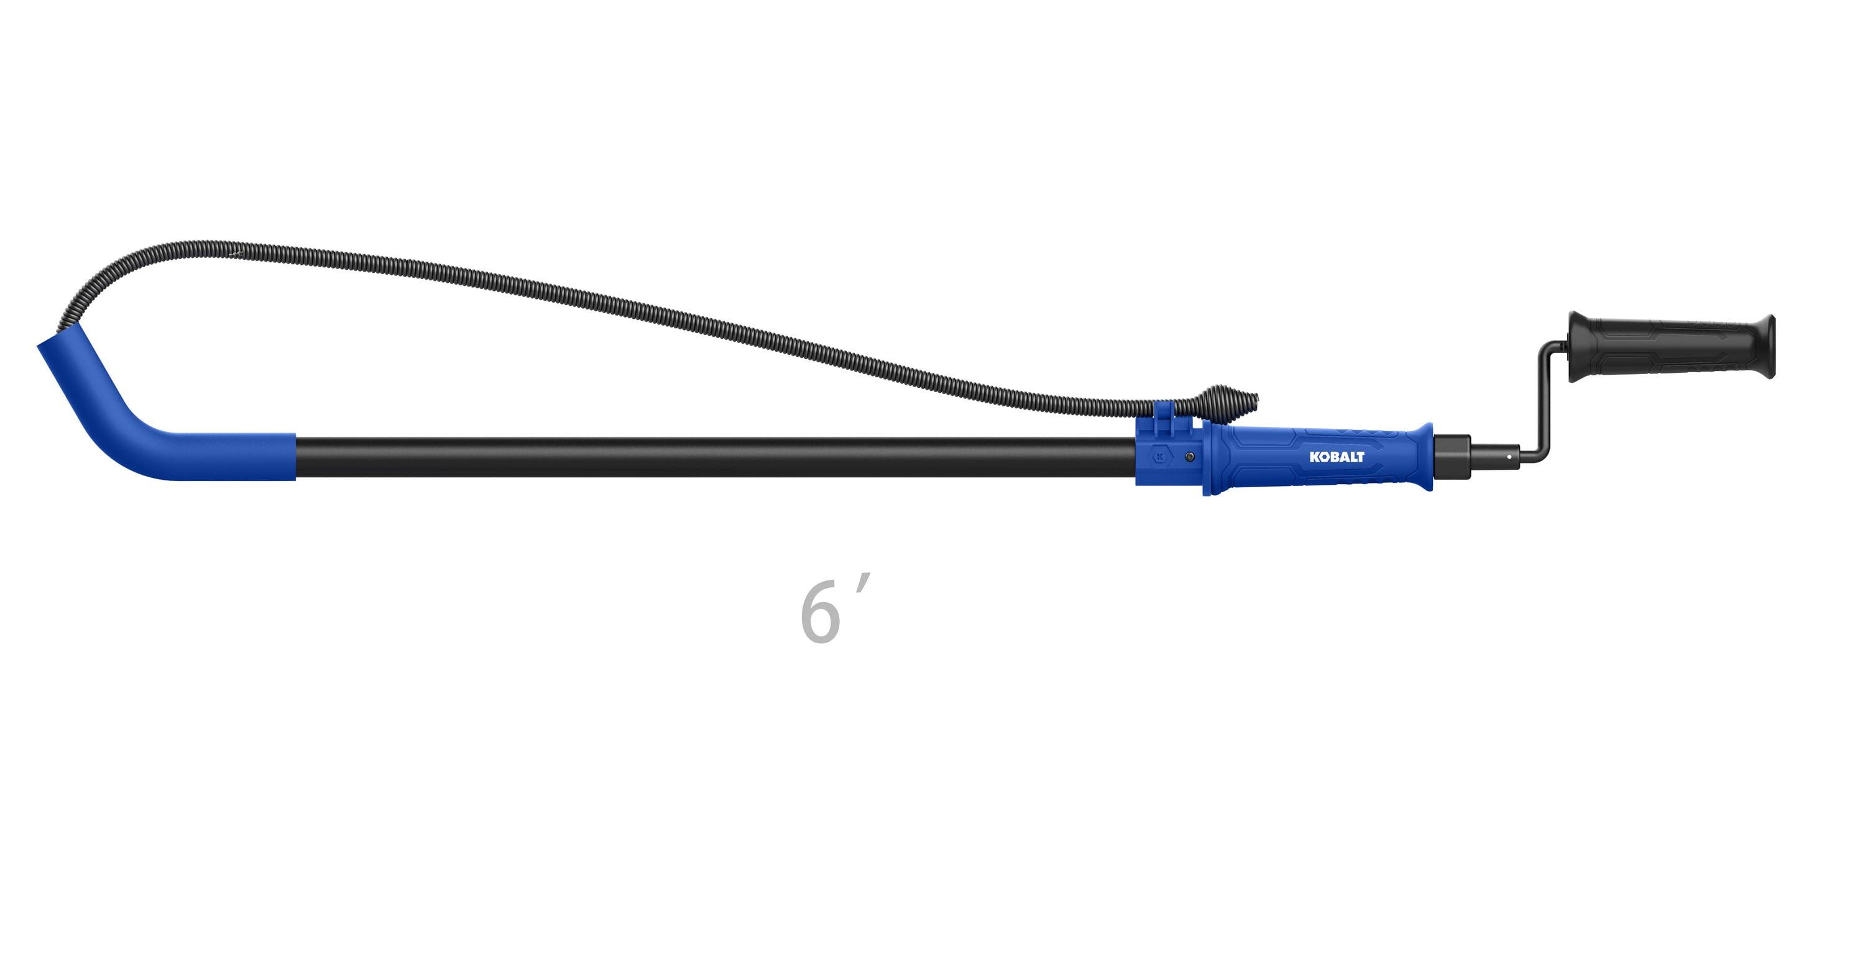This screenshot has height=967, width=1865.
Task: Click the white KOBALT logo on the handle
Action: coord(1337,457)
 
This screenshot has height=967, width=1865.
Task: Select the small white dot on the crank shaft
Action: coord(1509,456)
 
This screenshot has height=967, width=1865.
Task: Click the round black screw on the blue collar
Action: coord(1189,456)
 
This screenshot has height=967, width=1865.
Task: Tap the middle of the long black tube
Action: coord(713,457)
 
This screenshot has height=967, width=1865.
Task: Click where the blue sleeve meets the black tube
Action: coord(295,457)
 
